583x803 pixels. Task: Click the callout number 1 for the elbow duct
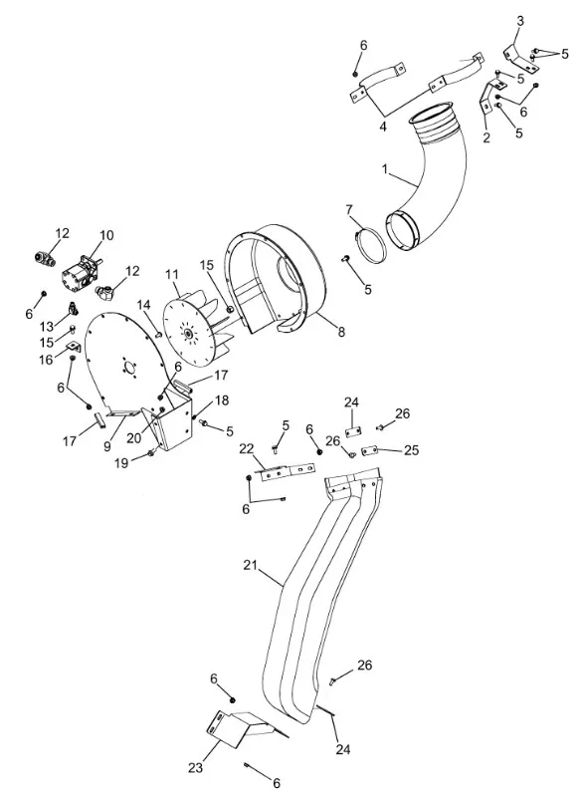[x=386, y=168]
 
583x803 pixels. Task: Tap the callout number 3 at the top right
[x=520, y=21]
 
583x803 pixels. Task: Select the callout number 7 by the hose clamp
[x=349, y=210]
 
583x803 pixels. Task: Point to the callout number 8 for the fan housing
[x=341, y=332]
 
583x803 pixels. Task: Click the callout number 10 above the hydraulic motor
[x=106, y=235]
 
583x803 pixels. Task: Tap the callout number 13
[x=47, y=327]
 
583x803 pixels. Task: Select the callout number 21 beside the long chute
[x=250, y=565]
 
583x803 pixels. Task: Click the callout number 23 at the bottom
[x=196, y=768]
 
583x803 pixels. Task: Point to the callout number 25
[x=411, y=450]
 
